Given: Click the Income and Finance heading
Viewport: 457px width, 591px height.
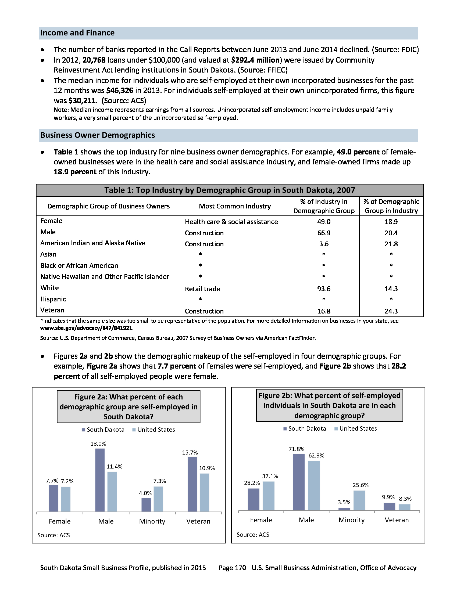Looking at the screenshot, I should (x=77, y=33).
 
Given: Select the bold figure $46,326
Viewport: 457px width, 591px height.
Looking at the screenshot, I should (x=120, y=90).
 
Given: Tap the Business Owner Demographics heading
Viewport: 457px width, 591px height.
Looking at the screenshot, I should (x=98, y=135).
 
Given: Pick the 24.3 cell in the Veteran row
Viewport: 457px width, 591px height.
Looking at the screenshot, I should (x=391, y=311).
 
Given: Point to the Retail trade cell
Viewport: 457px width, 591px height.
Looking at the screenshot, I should (x=202, y=289).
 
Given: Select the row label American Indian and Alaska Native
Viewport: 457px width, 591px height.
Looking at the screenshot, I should (x=92, y=243).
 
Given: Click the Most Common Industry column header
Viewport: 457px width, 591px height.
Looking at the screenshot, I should (x=235, y=206).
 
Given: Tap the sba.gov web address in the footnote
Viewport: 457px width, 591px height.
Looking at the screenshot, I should (x=86, y=328).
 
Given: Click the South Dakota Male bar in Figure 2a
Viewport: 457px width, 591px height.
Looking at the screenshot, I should (x=100, y=480).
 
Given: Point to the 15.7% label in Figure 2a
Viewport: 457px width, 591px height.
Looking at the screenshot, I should (x=190, y=452).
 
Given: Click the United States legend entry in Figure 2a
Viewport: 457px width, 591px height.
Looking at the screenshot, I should (x=153, y=430).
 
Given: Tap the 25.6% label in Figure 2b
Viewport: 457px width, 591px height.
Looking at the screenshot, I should (x=360, y=485).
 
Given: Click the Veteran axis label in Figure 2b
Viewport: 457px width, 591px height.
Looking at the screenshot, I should (x=397, y=520).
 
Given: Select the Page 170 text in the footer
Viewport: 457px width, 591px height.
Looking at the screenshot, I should (x=232, y=568).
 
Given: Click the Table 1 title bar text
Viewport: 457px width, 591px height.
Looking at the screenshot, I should (x=230, y=190).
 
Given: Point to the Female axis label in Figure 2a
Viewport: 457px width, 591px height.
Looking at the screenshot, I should (x=60, y=521).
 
